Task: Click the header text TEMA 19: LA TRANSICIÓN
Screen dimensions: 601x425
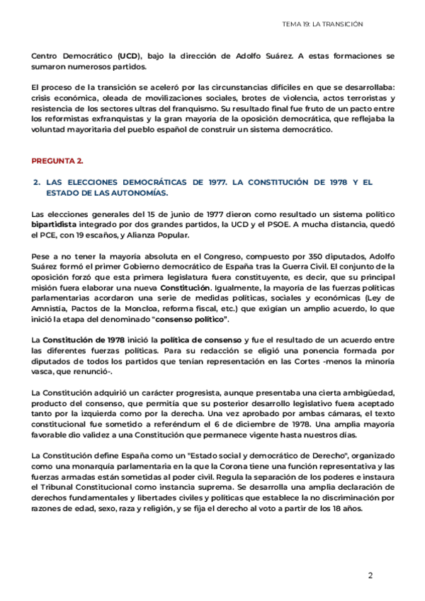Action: coord(322,24)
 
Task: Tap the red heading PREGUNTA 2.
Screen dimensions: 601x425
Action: coord(58,161)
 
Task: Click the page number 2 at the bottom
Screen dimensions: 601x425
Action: coord(370,575)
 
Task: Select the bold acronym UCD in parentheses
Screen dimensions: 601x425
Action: coord(130,55)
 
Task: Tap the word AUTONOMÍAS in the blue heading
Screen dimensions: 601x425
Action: coord(132,193)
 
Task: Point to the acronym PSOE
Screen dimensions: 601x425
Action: coord(250,224)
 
